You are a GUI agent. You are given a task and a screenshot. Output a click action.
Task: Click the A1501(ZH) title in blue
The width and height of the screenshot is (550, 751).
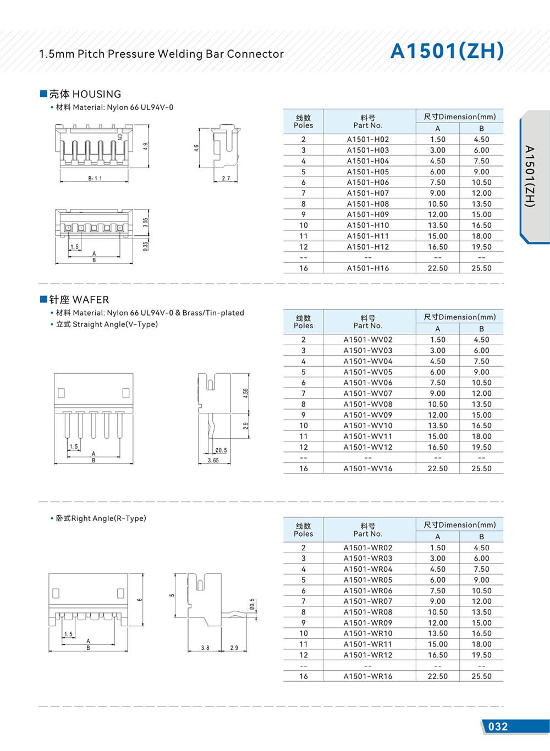point(447,51)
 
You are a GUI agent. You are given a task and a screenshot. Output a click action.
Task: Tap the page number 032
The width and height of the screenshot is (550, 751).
point(498,726)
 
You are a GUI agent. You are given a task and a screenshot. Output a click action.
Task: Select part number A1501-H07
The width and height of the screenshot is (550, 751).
point(367,193)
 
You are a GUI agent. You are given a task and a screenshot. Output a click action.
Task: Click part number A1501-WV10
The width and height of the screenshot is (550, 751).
point(367,426)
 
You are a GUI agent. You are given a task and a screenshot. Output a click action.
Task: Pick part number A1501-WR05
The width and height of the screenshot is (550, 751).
point(367,580)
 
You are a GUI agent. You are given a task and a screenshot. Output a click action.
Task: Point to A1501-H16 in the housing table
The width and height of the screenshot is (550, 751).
point(367,268)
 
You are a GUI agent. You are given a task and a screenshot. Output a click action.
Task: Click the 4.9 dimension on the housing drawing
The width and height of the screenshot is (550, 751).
point(145,147)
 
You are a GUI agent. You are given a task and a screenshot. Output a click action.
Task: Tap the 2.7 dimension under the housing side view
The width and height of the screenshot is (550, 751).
point(226,178)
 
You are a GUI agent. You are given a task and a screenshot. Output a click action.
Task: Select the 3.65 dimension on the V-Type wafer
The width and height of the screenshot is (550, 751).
point(213,460)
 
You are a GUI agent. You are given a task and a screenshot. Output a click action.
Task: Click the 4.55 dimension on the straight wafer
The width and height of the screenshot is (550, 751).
point(246,393)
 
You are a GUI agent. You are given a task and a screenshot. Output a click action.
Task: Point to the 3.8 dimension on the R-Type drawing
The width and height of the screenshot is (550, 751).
point(205,648)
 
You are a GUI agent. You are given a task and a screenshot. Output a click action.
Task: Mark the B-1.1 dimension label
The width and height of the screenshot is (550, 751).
point(95,178)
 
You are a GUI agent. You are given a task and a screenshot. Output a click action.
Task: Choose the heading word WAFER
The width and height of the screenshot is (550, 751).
point(91,300)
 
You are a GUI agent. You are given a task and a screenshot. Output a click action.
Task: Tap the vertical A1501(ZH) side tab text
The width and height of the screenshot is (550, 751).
point(529,176)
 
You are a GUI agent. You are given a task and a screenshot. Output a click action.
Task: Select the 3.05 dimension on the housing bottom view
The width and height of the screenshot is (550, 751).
point(145,222)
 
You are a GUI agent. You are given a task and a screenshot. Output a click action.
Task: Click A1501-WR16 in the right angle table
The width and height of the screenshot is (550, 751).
point(367,676)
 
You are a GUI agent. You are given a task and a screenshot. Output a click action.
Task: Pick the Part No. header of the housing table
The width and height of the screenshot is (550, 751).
point(367,122)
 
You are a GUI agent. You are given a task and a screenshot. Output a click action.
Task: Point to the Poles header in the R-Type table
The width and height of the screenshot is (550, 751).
point(303,530)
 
